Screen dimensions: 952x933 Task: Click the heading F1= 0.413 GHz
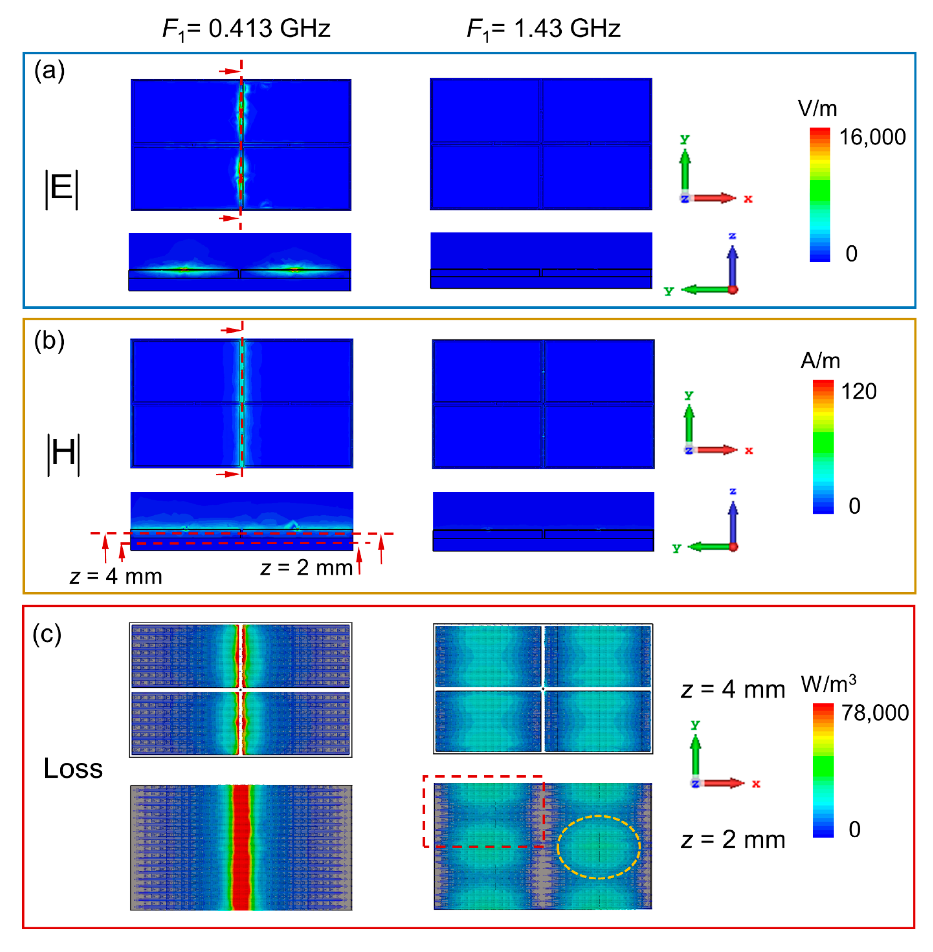[247, 29]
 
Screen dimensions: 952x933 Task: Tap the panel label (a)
[49, 71]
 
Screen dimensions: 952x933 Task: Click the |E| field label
[62, 189]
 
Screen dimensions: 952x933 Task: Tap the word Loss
[73, 768]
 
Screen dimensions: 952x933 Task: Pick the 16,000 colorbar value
[872, 137]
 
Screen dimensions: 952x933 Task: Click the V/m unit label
[817, 109]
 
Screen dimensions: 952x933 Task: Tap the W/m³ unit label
[829, 684]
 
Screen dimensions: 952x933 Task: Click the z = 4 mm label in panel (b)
[116, 577]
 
